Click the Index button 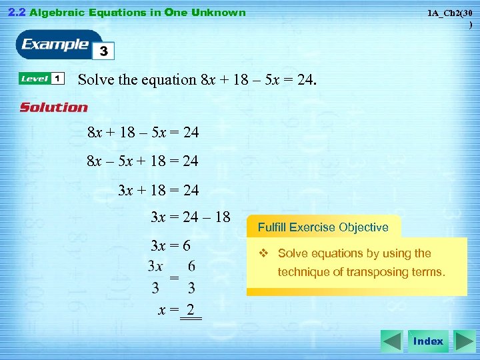428,341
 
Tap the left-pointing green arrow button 391,341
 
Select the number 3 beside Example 104,51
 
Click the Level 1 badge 41,79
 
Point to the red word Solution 53,107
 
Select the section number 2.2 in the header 17,12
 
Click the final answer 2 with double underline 191,310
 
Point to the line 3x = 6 171,245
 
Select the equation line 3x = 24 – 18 191,217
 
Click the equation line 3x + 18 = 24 159,190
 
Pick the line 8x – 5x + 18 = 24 143,161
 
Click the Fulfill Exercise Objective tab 323,227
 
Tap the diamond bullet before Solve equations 263,253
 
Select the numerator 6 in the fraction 191,266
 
